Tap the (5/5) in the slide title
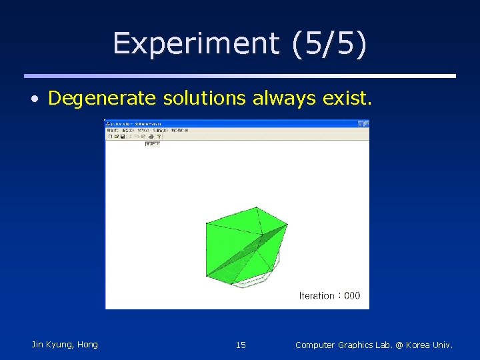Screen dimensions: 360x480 point(328,44)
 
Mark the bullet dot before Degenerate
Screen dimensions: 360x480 point(35,100)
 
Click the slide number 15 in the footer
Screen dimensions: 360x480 point(241,345)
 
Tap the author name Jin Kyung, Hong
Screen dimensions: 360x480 point(65,345)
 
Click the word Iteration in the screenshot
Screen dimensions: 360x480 point(317,295)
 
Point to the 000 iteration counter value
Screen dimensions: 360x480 point(352,295)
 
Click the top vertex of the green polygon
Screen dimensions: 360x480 point(257,207)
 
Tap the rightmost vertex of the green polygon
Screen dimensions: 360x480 point(287,225)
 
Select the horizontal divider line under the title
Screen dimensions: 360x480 point(240,76)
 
